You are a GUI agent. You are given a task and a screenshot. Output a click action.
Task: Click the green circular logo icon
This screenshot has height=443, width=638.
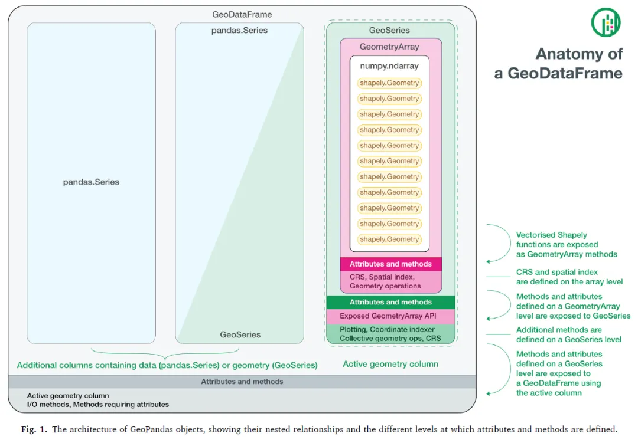click(x=606, y=22)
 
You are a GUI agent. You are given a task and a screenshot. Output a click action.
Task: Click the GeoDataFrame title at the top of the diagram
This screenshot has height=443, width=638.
click(x=242, y=14)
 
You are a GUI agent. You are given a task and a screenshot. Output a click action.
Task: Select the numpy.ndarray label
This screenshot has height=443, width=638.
click(x=389, y=66)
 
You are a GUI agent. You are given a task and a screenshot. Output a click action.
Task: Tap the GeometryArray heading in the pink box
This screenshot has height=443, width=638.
click(x=389, y=47)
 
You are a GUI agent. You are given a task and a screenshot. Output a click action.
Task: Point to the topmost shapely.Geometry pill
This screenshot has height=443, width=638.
click(x=389, y=83)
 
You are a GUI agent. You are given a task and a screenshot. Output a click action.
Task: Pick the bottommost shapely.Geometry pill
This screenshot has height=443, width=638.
click(x=389, y=239)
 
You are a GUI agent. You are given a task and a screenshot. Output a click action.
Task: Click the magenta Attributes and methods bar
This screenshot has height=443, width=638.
click(x=390, y=264)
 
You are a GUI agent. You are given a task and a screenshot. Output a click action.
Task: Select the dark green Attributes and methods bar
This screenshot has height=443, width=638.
click(x=390, y=302)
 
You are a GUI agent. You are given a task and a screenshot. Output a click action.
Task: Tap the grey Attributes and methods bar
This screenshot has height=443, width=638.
click(x=242, y=382)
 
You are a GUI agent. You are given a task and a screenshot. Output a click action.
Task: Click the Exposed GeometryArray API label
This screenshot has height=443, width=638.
click(x=388, y=316)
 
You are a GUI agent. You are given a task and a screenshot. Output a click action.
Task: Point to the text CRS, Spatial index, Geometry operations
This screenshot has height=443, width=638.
click(x=385, y=281)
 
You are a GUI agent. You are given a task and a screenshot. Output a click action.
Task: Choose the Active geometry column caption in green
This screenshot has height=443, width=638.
click(x=390, y=364)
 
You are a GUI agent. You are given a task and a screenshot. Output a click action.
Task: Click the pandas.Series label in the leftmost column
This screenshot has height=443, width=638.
click(x=91, y=182)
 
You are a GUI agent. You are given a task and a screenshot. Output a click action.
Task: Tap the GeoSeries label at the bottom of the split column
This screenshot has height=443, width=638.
click(x=240, y=334)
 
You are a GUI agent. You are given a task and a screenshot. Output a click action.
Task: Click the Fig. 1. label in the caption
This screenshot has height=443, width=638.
click(x=34, y=429)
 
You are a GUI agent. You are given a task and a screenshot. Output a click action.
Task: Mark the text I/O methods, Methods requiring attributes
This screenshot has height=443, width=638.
click(x=97, y=405)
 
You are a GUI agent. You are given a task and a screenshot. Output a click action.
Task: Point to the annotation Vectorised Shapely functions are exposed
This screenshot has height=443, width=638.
click(x=557, y=240)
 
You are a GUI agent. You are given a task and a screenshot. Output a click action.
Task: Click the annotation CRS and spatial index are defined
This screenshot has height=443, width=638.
click(x=569, y=277)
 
